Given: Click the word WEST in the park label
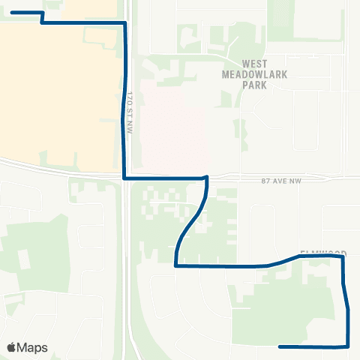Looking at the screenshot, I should [x=255, y=64].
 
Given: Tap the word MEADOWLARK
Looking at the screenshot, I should [x=255, y=74].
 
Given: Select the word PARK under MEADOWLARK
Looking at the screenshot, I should [x=255, y=85].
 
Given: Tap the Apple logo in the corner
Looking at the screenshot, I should [x=11, y=347].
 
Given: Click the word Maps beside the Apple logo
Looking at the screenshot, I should [x=33, y=348].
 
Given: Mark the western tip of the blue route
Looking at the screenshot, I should [x=12, y=13].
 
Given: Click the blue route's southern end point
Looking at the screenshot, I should [x=280, y=346].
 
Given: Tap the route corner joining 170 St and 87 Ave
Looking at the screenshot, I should [x=124, y=178].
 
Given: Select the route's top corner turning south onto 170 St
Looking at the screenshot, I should [x=124, y=23].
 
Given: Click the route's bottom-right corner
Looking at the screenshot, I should [x=349, y=346].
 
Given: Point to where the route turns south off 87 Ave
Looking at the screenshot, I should [x=206, y=178].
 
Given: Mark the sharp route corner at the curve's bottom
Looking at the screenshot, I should [x=175, y=265].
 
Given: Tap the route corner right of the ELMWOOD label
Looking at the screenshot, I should [x=343, y=256].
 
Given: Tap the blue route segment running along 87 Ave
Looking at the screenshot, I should [x=165, y=178].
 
